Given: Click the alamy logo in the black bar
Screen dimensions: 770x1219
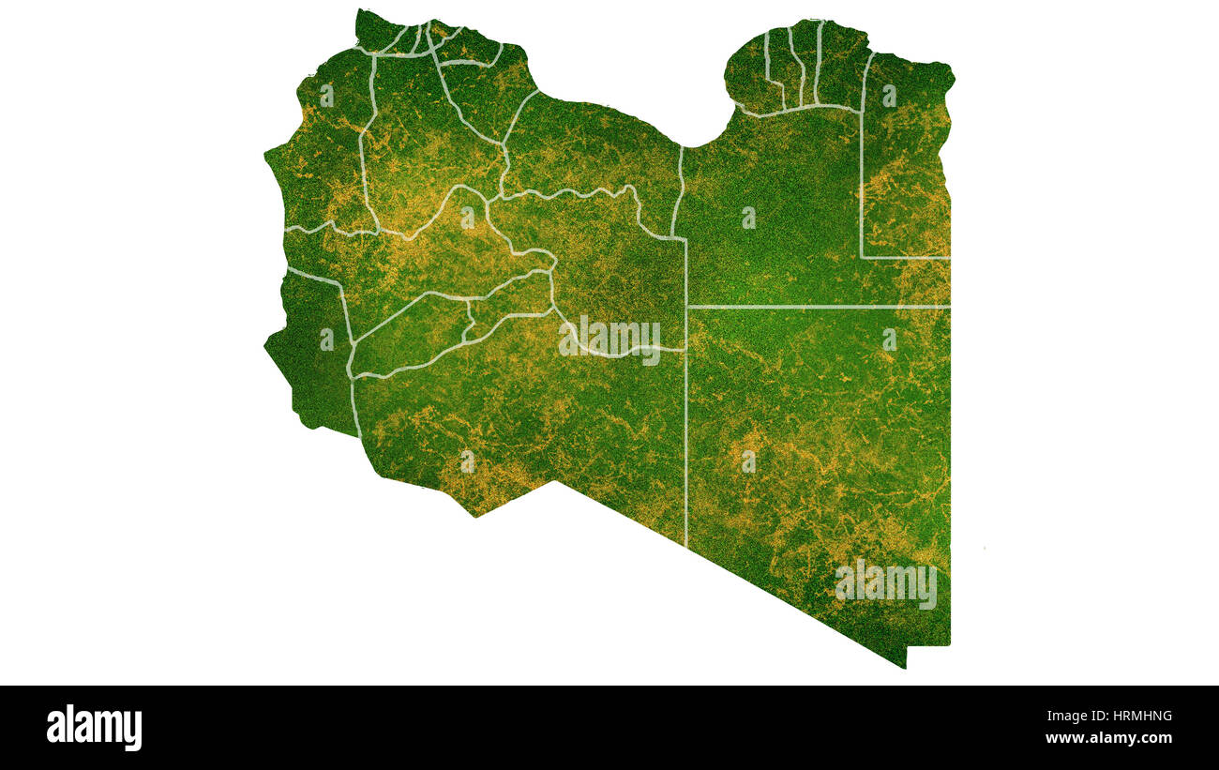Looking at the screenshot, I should (x=94, y=728).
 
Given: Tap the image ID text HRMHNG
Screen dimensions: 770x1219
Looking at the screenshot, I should (x=1136, y=717).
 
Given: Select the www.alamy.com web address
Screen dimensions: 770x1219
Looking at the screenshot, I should (x=1108, y=738).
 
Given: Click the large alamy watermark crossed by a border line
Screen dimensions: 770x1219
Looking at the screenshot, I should (x=609, y=340).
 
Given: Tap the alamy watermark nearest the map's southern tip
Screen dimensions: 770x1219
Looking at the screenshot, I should (x=885, y=584).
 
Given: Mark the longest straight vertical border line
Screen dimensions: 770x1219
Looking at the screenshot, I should (x=685, y=422).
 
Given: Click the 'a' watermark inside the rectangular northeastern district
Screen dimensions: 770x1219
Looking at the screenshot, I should (x=888, y=96).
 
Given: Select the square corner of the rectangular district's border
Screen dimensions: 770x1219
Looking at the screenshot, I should (x=862, y=256).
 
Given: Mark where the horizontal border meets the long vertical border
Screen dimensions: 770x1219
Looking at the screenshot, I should (x=686, y=307).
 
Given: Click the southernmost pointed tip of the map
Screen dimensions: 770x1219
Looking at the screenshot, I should (x=904, y=667).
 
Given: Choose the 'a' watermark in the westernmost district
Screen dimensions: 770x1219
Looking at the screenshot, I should (x=325, y=340).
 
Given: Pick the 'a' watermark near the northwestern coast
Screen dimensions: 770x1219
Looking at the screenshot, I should (x=325, y=96).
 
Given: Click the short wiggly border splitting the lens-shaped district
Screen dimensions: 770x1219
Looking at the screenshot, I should (x=469, y=319).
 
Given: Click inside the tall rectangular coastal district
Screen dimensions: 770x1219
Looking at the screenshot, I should (x=905, y=169).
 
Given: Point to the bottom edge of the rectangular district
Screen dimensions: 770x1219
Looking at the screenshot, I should (x=905, y=257).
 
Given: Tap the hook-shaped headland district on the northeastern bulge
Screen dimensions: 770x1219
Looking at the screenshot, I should (x=746, y=75).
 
